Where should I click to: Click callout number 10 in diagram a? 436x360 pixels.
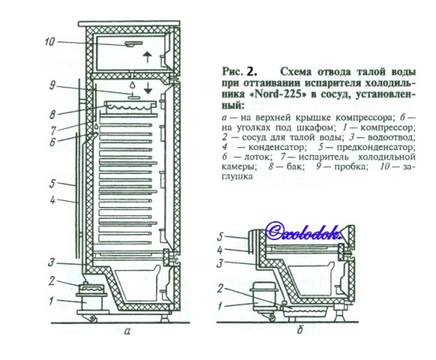coord(50,42)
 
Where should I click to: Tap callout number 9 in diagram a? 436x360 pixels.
coord(52,85)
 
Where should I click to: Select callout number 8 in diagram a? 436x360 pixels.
coord(53,114)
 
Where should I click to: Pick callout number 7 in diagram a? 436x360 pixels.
coord(52,130)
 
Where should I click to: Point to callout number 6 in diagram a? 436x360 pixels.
coord(52,142)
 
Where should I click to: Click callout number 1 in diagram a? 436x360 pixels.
coord(51,301)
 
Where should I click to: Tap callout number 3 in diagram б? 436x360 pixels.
coord(219,262)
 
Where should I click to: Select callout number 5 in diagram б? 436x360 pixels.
coord(220,237)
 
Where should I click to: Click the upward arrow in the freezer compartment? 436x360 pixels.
coord(148,58)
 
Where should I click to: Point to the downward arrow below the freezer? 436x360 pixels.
coord(148,88)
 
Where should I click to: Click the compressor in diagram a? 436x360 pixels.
coord(91,303)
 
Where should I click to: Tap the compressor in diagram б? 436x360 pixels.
coord(262,299)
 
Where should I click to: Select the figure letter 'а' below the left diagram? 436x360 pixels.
coord(127,331)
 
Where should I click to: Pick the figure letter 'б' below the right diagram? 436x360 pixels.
coord(300,330)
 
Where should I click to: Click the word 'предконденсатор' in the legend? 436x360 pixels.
coord(375,147)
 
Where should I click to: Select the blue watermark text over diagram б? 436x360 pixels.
coord(303,231)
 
